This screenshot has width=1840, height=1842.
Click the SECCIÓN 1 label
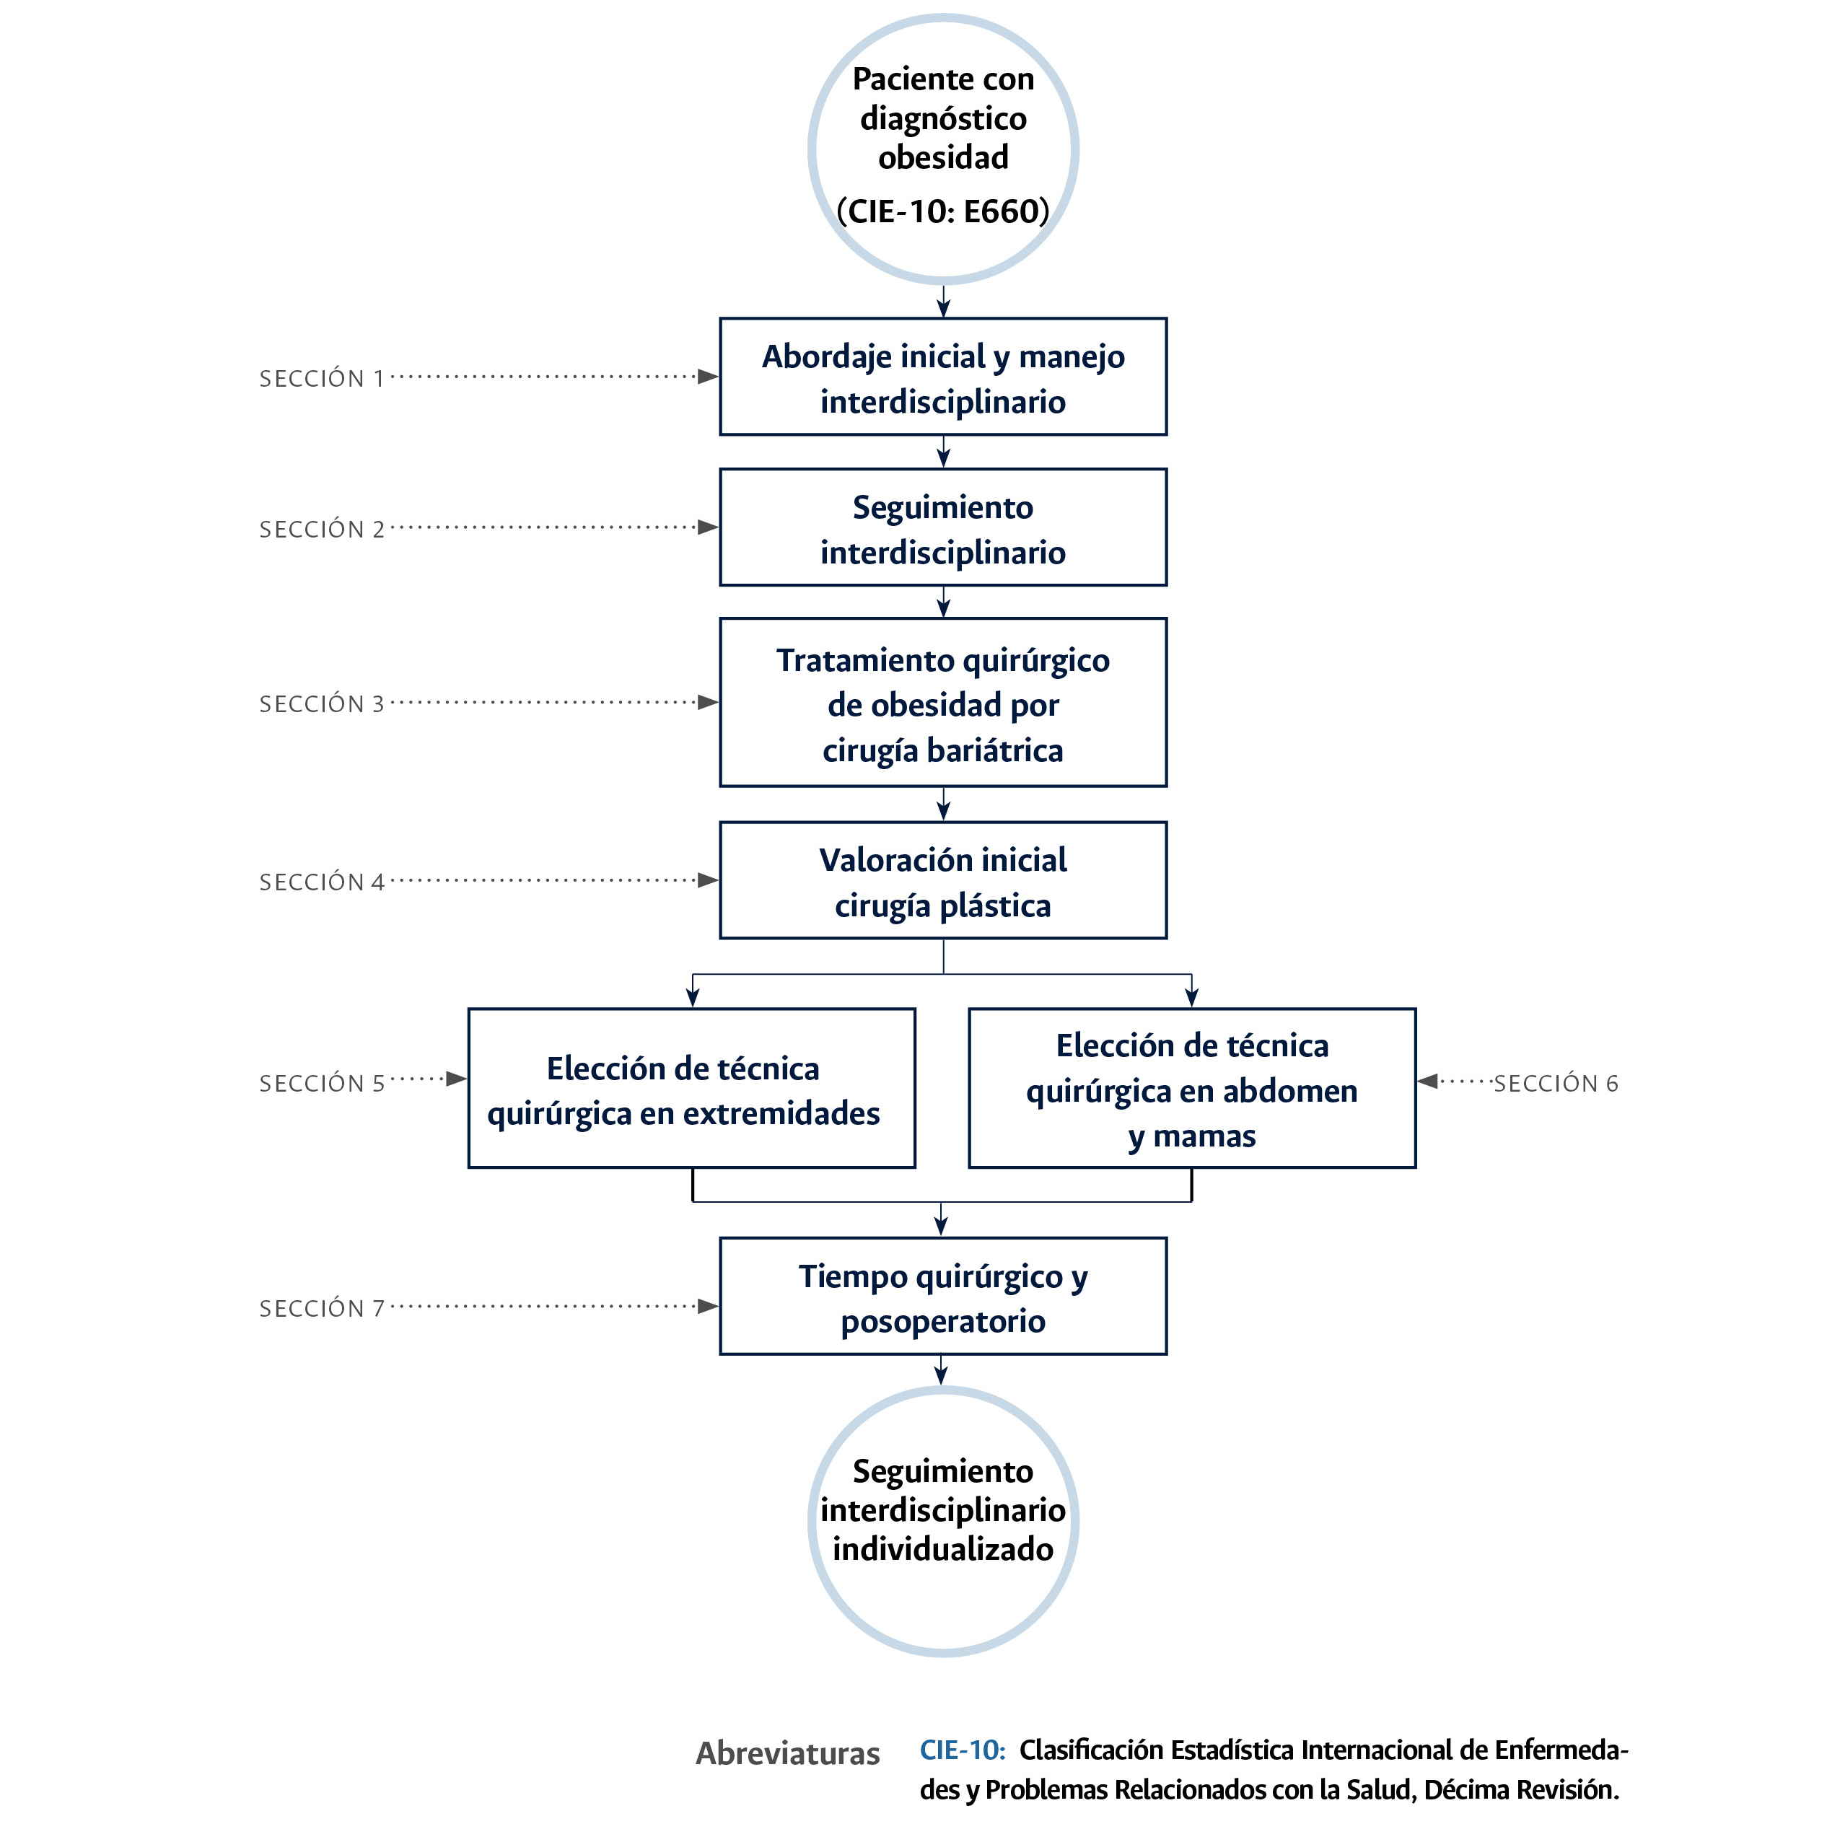point(321,379)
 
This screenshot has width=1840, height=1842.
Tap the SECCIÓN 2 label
point(321,529)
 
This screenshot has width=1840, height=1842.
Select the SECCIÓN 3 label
point(321,703)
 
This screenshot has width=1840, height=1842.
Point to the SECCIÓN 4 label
point(321,882)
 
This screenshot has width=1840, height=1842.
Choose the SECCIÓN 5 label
point(321,1083)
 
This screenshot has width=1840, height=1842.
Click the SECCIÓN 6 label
point(1555,1083)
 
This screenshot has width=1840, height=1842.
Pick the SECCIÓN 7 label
point(321,1308)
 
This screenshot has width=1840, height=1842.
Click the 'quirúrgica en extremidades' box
point(691,1089)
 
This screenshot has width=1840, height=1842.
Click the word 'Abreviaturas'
point(787,1753)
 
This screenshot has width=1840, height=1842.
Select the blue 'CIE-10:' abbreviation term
point(961,1750)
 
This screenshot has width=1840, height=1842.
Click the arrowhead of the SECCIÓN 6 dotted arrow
point(1428,1081)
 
